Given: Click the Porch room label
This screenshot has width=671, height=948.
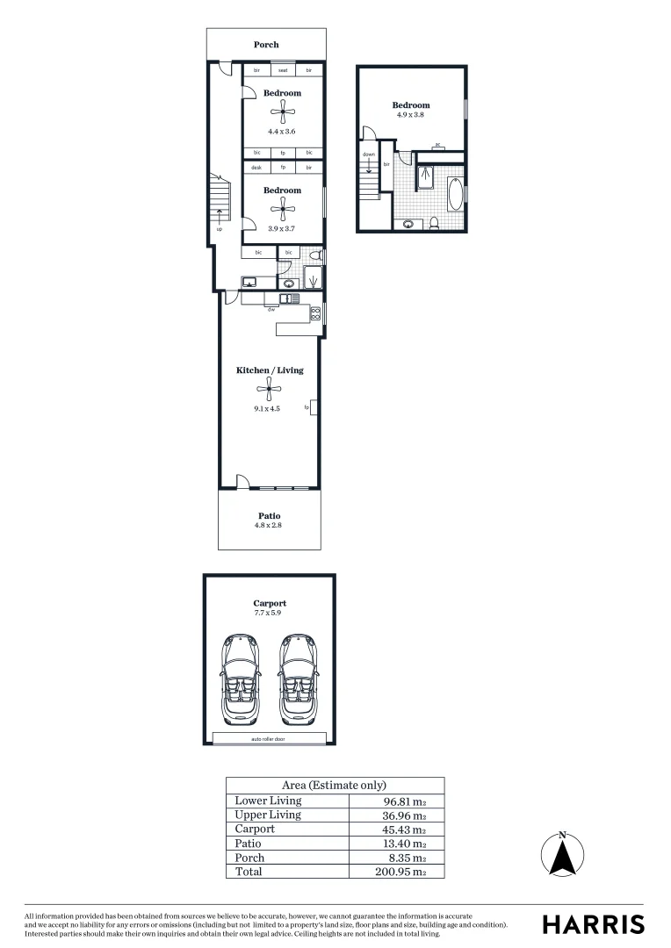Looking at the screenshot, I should click(x=266, y=45).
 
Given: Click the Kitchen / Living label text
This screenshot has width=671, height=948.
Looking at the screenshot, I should click(x=270, y=370).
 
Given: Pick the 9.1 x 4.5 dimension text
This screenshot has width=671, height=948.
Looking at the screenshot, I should click(x=266, y=408).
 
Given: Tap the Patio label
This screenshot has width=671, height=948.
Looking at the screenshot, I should click(x=270, y=515).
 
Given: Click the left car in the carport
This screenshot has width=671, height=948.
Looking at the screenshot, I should click(x=242, y=679).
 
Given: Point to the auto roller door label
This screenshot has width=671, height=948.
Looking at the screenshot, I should click(x=268, y=739).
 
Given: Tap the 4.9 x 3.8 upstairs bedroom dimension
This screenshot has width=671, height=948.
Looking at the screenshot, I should click(x=410, y=115).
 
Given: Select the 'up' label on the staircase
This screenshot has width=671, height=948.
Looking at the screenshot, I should click(x=219, y=228).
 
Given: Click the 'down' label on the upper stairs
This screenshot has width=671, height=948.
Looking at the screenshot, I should click(x=369, y=154).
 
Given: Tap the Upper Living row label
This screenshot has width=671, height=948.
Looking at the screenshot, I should click(x=268, y=815).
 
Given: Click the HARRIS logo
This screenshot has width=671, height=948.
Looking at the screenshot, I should click(x=593, y=924).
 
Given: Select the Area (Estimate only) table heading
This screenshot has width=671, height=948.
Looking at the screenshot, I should click(x=334, y=786).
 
